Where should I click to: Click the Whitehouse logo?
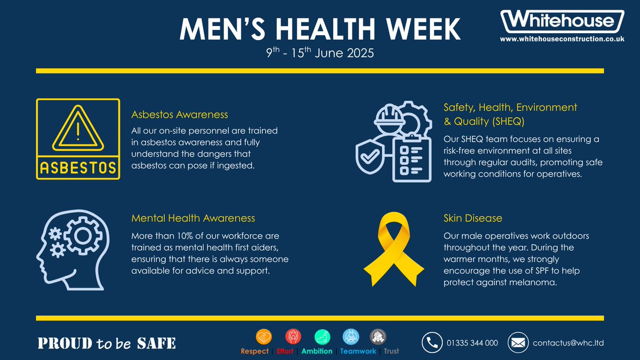(x=562, y=22)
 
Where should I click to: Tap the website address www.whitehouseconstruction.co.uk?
(x=562, y=39)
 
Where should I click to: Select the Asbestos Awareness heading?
(x=180, y=115)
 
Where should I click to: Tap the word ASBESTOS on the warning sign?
(x=78, y=168)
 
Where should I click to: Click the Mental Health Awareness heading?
(x=193, y=218)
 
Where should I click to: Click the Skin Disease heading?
(x=473, y=218)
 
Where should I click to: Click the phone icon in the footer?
(x=432, y=343)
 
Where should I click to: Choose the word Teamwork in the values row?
(x=358, y=351)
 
